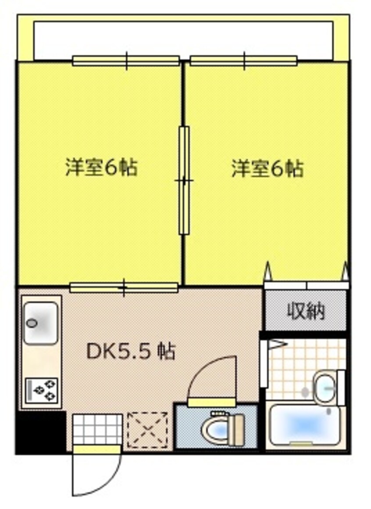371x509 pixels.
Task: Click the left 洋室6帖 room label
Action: [x=101, y=167]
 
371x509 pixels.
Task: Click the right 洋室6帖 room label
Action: [x=267, y=168]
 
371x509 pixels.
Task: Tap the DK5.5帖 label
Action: [x=130, y=351]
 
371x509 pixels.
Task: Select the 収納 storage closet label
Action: [x=306, y=311]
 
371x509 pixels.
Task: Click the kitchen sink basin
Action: [x=40, y=322]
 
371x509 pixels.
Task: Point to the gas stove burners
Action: [x=42, y=390]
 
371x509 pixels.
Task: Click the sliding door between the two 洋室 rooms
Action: [x=184, y=180]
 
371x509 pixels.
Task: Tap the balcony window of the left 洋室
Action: [x=126, y=61]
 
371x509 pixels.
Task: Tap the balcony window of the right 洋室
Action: [x=243, y=61]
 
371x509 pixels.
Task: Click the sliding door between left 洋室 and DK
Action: [x=124, y=288]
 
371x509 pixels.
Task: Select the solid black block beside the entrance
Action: [x=40, y=431]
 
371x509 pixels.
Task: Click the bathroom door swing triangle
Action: [x=276, y=345]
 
